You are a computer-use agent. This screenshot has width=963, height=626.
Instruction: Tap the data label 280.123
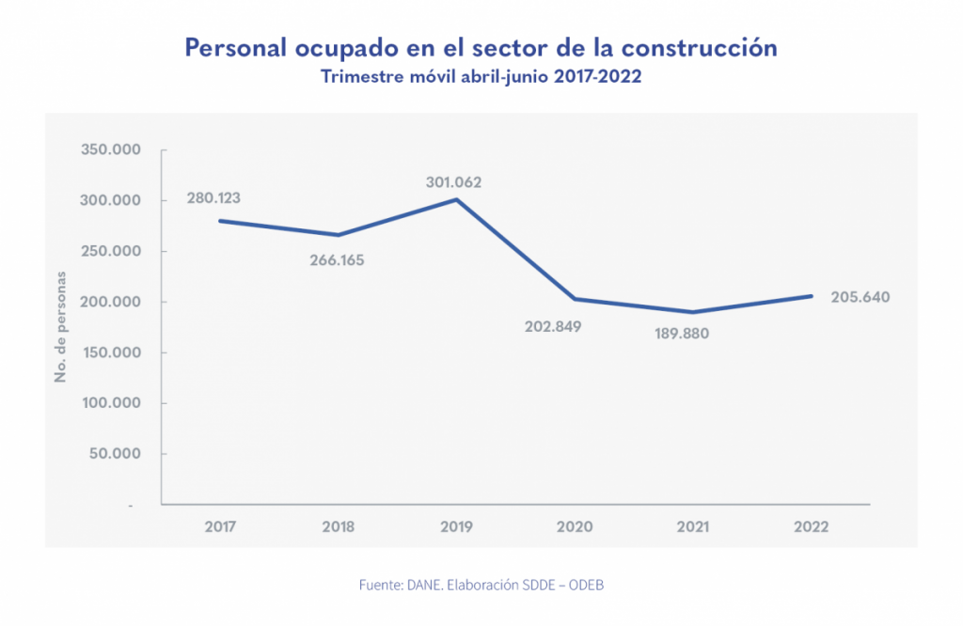[x=214, y=198]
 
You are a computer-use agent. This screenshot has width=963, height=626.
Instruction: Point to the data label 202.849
[x=554, y=327]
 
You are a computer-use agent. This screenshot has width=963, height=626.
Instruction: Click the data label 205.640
[x=860, y=297]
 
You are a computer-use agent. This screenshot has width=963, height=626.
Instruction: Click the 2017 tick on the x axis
[x=220, y=526]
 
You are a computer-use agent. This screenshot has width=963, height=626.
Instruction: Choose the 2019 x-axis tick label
[x=456, y=526]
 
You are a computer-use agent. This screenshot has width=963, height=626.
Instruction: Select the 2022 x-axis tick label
[x=811, y=526]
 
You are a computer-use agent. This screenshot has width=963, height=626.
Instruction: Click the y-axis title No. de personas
[x=62, y=327]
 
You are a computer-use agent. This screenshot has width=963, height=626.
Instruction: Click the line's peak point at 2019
[x=456, y=199]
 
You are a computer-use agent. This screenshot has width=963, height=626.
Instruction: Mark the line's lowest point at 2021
[x=692, y=312]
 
